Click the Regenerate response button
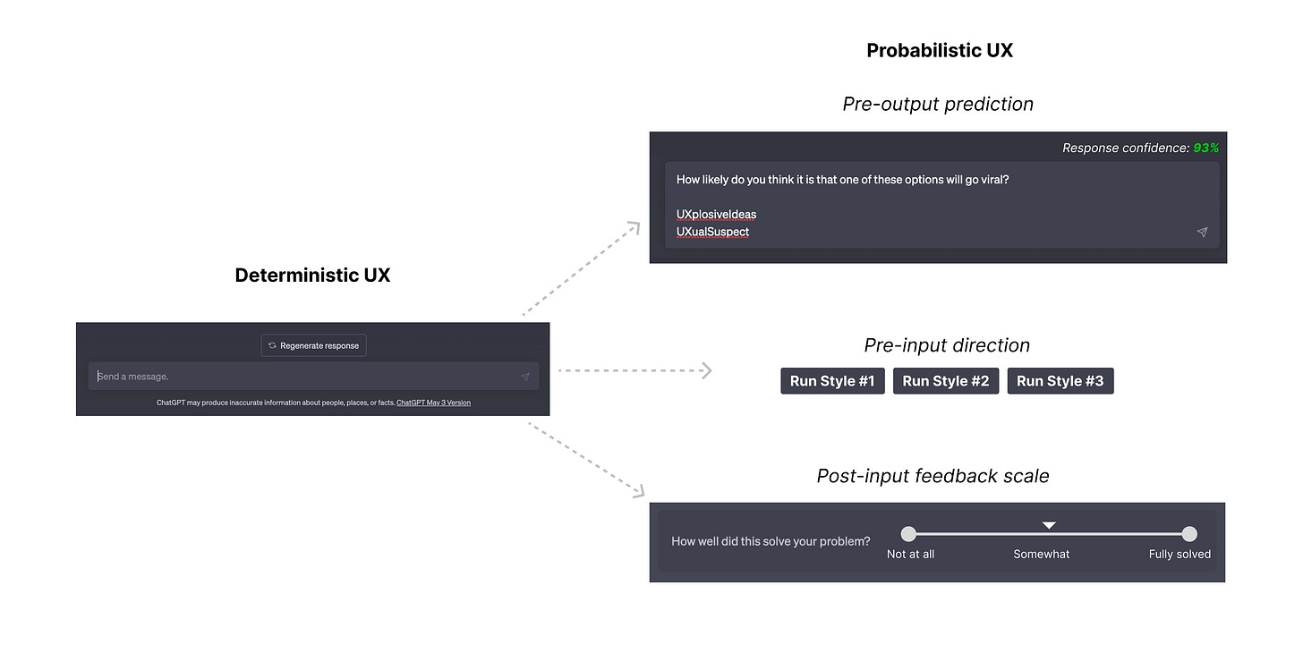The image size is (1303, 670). pos(313,345)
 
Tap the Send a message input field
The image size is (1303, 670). pos(304,377)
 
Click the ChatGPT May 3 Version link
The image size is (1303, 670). pos(433,403)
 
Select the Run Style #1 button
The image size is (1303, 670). pos(832,381)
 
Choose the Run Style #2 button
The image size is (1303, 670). pos(945,381)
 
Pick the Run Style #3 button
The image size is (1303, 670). pos(1060,381)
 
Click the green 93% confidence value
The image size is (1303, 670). pos(1205,148)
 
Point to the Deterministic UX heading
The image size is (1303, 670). pos(312,276)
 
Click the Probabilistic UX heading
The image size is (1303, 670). pos(940,51)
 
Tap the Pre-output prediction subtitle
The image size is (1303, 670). pos(938,105)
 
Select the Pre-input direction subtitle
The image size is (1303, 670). pos(947,345)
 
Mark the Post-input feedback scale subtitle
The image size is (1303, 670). pos(933,477)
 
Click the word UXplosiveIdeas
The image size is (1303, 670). pos(716,215)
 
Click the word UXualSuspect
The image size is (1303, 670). pos(712,232)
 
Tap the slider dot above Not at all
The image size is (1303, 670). pos(908,534)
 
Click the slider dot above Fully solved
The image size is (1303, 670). pos(1188,534)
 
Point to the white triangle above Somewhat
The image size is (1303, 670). pos(1049,525)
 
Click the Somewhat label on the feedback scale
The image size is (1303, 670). pos(1041,555)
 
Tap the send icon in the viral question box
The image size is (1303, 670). pos(1202,232)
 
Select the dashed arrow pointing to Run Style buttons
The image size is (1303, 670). pos(635,369)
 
